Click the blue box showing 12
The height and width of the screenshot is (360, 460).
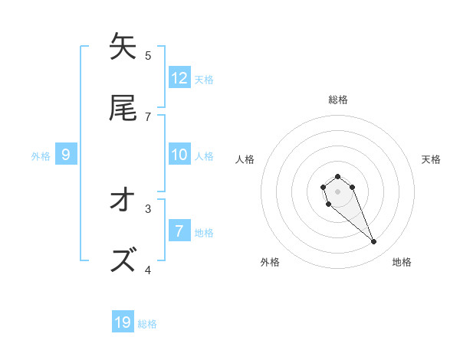[x=179, y=77]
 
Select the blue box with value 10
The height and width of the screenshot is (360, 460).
[x=179, y=155]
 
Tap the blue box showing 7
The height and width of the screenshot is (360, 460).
[x=179, y=231]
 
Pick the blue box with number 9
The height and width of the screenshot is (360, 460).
[x=66, y=155]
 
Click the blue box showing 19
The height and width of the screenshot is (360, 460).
[x=123, y=322]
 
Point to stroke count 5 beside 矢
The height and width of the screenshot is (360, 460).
[x=148, y=55]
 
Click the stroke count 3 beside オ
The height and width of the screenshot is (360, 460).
[x=148, y=208]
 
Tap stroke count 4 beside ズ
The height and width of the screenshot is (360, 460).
[x=148, y=270]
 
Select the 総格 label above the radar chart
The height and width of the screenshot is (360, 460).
[x=338, y=100]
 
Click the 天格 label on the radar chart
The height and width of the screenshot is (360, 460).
[x=431, y=159]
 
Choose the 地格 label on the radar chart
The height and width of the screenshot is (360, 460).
[x=402, y=262]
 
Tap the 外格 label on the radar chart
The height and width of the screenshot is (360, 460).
[x=270, y=262]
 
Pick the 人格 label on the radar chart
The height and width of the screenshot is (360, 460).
[x=245, y=159]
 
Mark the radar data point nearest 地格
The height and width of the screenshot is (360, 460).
[x=374, y=242]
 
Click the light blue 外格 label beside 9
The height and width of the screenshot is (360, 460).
[x=41, y=155]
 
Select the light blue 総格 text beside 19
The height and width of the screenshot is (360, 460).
[x=147, y=324]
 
